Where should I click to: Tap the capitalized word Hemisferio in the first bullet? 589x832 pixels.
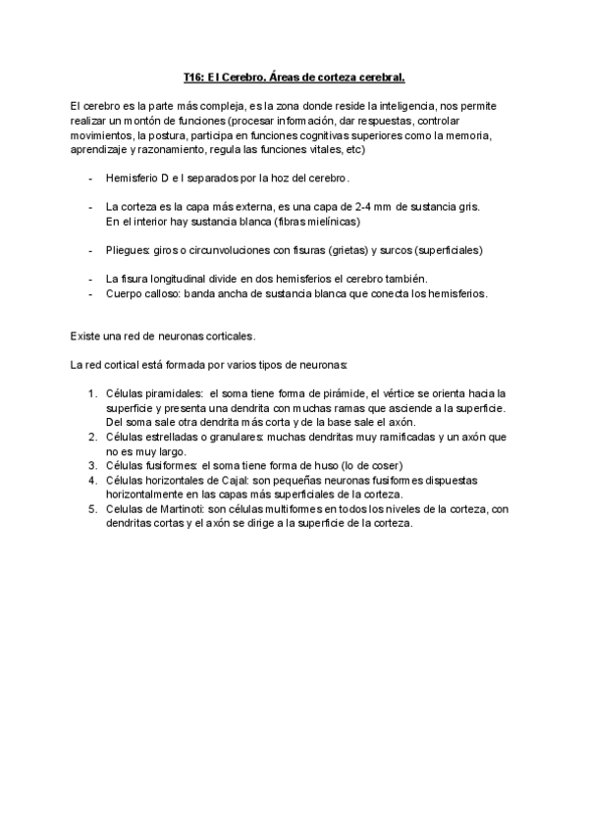click(x=133, y=180)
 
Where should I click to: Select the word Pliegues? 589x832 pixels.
click(x=128, y=250)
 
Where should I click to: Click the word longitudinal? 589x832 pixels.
click(x=178, y=280)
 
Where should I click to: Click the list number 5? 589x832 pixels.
click(x=91, y=508)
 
